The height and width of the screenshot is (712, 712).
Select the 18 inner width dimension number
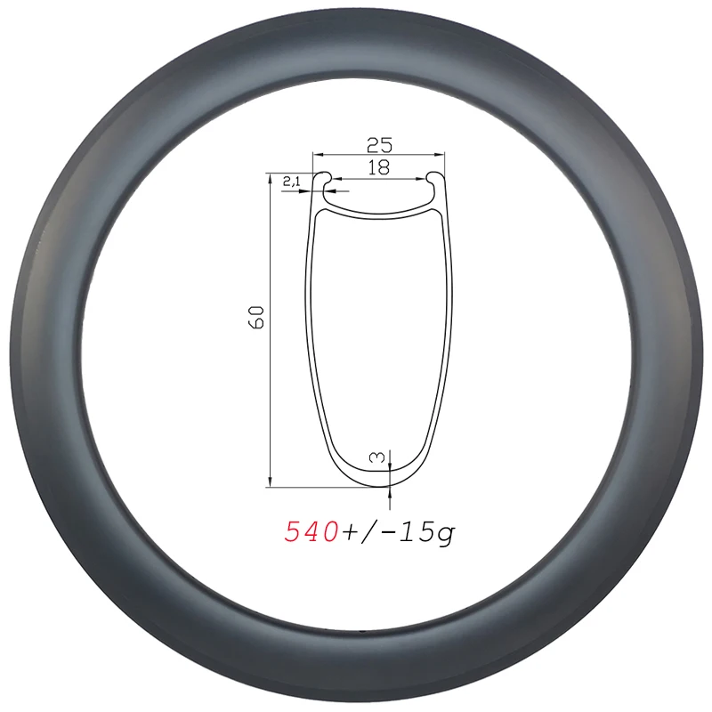pyautogui.click(x=379, y=167)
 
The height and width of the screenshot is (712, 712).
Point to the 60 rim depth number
pyautogui.click(x=257, y=316)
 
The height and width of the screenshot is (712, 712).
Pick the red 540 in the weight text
pyautogui.click(x=311, y=532)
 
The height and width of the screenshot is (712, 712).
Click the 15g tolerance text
pyautogui.click(x=425, y=532)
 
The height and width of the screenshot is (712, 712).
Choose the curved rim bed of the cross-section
pyautogui.click(x=379, y=209)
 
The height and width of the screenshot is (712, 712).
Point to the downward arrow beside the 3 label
pyautogui.click(x=391, y=463)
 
